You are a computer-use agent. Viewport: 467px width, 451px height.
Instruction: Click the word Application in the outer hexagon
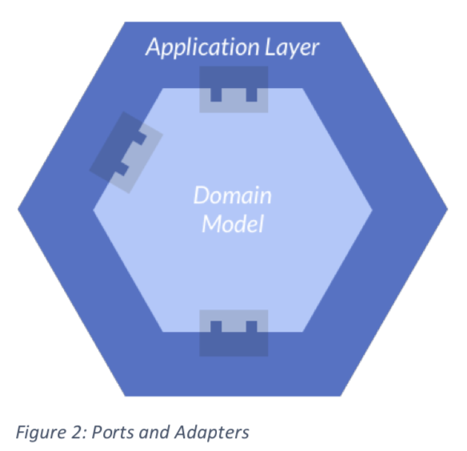pos(202,47)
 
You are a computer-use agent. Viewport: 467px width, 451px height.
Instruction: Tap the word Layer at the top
pos(292,47)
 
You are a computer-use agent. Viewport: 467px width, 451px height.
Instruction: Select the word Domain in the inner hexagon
pos(233,195)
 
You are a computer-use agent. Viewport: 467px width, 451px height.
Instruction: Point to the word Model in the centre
pos(233,224)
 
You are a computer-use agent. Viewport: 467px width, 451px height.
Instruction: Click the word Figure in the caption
pos(41,433)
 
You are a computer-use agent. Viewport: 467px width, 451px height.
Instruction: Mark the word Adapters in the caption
pos(212,433)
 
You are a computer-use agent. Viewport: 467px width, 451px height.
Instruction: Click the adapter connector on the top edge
pos(233,90)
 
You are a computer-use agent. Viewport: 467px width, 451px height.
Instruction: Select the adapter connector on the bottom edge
pos(233,333)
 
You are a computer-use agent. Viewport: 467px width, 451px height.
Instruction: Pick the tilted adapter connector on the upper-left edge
pos(126,153)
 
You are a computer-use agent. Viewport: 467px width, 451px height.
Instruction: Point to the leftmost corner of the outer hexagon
pos(18,210)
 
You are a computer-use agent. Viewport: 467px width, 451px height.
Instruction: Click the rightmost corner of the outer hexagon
pos(448,210)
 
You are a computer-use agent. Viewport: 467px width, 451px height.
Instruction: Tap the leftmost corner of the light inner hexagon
pos(94,210)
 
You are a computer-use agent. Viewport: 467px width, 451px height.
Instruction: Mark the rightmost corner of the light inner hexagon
pos(373,210)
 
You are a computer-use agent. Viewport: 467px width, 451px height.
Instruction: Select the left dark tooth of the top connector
pos(216,94)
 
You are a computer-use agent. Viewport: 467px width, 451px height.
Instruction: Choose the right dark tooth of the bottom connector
pos(251,326)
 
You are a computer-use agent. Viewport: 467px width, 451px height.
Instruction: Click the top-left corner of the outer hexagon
pos(125,22)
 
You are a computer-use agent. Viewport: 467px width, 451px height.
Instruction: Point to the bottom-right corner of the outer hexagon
pos(341,396)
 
